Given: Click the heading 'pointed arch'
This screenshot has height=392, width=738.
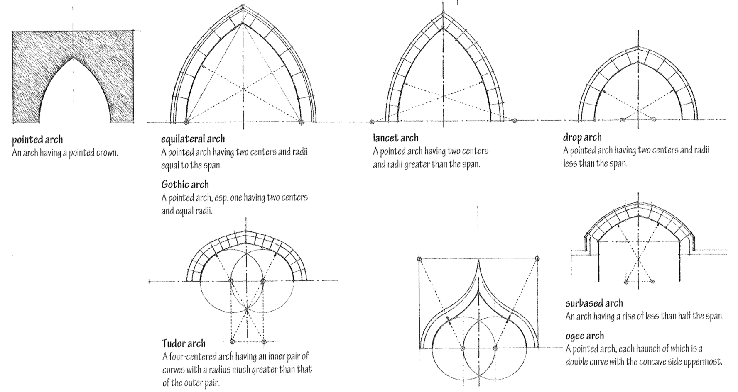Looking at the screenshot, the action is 37,140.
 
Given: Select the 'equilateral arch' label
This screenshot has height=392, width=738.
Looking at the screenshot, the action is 193,139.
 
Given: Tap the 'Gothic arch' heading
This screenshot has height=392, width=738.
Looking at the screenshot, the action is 185,185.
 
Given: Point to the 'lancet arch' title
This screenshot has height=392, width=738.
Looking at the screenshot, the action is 395,138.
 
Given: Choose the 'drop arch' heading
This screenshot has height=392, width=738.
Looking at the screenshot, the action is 582,137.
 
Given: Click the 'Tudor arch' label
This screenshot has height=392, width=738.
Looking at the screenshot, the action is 184,343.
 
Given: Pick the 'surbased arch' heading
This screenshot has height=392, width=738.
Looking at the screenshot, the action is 594,303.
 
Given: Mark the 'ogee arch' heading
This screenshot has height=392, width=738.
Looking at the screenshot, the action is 584,336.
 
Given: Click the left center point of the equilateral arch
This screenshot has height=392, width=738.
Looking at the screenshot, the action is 186,122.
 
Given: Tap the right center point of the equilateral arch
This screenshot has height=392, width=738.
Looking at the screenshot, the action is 302,122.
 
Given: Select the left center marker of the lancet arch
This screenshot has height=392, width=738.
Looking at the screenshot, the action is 372,122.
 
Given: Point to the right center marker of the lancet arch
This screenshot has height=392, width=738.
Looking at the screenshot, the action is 515,121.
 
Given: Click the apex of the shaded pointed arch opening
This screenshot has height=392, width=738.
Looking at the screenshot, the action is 74,57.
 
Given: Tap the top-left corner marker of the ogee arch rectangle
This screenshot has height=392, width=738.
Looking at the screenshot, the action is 419,259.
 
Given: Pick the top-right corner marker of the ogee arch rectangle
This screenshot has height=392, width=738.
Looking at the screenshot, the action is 537,259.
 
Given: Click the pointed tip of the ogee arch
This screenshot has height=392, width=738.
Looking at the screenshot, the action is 478,261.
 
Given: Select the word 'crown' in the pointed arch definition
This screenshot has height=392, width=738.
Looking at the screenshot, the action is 107,153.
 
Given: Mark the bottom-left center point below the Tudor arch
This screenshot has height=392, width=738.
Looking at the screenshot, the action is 232,342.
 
